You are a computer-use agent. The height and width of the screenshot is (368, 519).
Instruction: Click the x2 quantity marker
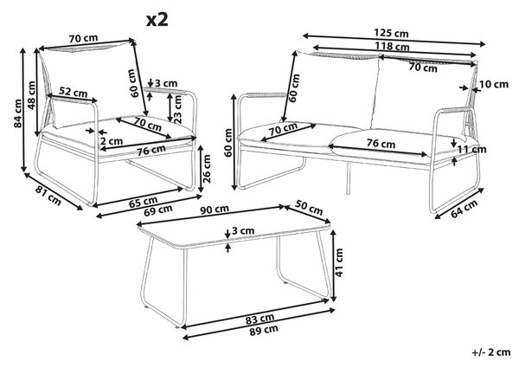tap(157, 20)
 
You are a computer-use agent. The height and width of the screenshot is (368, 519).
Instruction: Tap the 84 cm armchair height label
tap(18, 113)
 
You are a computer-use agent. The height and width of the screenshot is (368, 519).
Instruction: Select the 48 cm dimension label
tap(31, 95)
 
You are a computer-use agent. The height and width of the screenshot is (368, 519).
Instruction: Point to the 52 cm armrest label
tap(74, 92)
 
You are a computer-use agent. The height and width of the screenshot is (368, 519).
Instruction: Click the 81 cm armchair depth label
tap(48, 196)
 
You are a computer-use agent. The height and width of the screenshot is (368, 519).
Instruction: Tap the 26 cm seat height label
tap(207, 169)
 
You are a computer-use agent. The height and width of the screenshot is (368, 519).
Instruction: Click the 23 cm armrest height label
tap(177, 109)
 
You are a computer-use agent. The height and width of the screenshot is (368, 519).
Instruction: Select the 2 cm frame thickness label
tap(112, 141)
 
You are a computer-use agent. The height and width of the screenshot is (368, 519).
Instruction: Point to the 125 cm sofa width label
tap(391, 33)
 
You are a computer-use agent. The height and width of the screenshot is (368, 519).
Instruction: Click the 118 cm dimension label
tap(392, 46)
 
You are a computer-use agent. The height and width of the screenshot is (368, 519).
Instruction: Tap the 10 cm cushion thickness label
tap(494, 85)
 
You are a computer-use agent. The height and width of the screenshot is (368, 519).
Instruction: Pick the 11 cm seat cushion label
tap(471, 150)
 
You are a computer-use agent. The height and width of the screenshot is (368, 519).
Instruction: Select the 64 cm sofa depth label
tap(465, 209)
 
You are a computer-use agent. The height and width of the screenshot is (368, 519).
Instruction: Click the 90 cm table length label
tap(215, 210)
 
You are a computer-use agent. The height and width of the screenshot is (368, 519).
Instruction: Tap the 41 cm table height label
tap(339, 262)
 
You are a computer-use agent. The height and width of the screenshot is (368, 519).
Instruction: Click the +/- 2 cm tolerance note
tap(490, 352)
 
